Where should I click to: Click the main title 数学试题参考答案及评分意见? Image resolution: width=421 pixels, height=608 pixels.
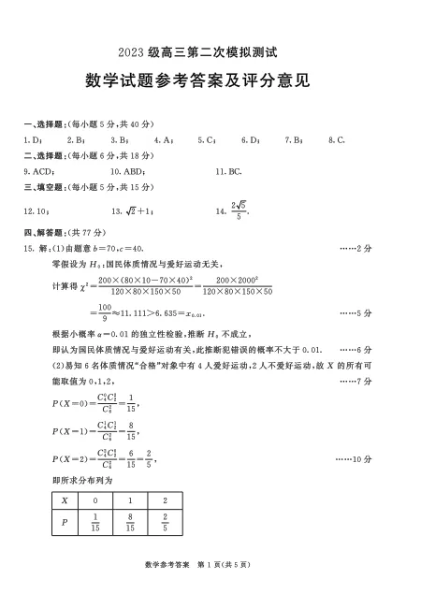[210, 81]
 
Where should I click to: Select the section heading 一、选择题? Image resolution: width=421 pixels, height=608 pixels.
[43, 124]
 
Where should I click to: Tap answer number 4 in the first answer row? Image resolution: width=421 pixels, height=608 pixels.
[168, 140]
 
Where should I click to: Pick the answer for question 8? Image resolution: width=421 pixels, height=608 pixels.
[337, 140]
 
